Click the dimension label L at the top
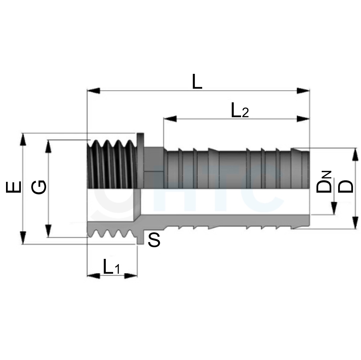point(197,81)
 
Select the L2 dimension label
point(240,110)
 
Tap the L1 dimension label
point(112,266)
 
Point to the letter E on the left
point(13,187)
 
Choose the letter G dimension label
point(39,187)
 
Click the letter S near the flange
point(154,240)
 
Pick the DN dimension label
point(324,182)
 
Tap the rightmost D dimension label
point(345,186)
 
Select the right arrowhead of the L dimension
point(303,91)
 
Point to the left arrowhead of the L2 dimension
point(170,119)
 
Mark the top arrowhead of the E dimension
point(22,139)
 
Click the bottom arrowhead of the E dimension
point(22,238)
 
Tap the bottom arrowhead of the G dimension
point(48,231)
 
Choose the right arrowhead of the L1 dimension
point(131,275)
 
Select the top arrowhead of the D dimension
point(355,155)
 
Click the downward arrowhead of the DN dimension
point(334,208)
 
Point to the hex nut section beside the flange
point(154,168)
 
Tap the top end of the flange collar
point(140,134)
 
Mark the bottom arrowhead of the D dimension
point(355,223)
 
